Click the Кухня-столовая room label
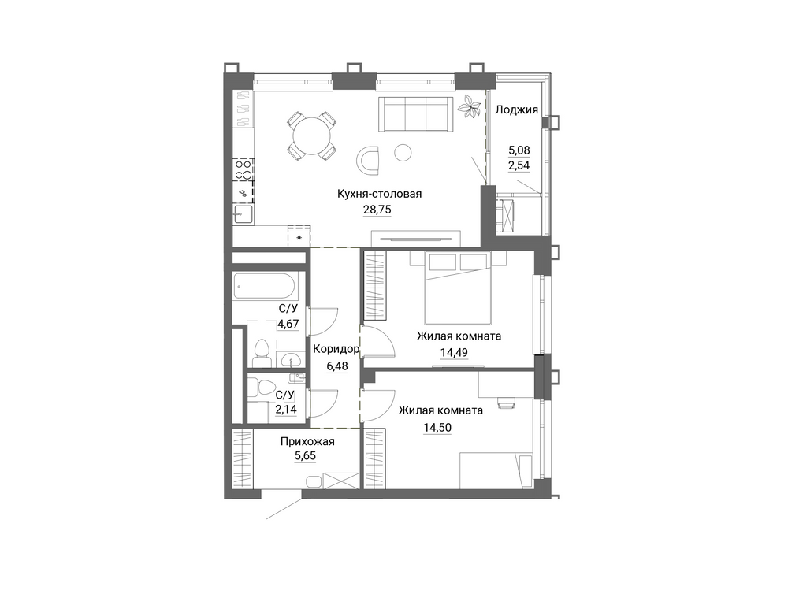tap(379, 194)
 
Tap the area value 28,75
tap(377, 210)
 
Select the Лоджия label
tap(517, 110)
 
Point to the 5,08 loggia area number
tap(519, 150)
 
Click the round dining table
tap(312, 135)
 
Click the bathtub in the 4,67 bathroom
tap(269, 287)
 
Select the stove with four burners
tap(243, 169)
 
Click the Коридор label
tap(336, 349)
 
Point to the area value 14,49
tap(454, 353)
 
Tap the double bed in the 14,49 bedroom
tap(457, 288)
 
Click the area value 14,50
tap(437, 428)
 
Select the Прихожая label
tap(307, 442)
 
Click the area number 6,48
tap(337, 366)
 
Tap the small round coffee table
tap(403, 152)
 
